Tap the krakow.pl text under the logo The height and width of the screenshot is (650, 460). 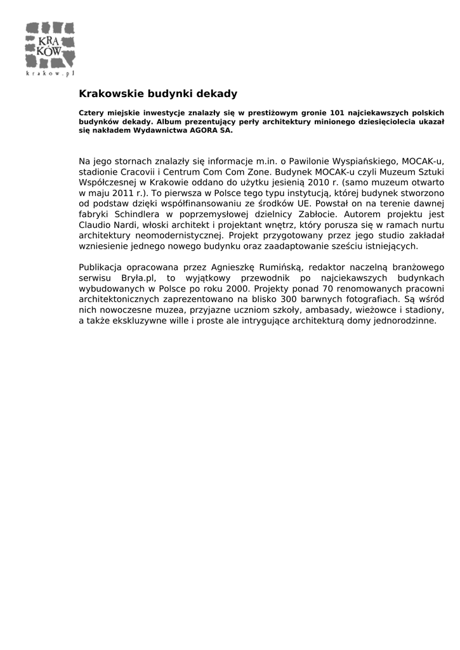click(x=50, y=73)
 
